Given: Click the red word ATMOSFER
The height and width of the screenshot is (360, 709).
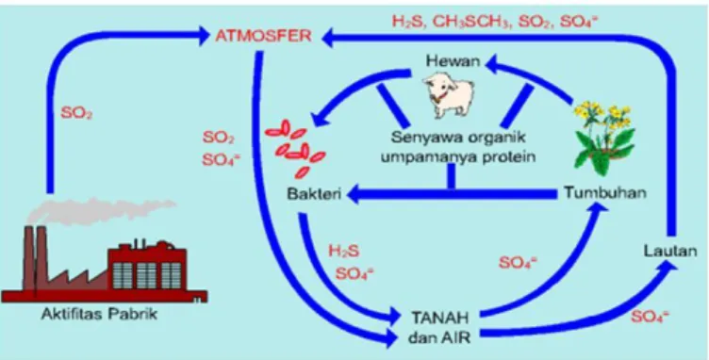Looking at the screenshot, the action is pos(263,36).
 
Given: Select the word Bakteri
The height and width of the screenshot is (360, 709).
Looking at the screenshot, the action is pos(313,195).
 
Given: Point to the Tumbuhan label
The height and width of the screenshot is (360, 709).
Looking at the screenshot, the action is pos(605,193).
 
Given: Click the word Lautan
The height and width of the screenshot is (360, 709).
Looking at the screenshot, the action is pos(670,251).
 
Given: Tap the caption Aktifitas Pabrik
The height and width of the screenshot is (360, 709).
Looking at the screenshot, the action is pos(99,314).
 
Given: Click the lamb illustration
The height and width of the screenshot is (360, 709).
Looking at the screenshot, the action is pos(448,96).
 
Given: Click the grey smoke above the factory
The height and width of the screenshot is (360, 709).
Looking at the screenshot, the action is pos(100,210).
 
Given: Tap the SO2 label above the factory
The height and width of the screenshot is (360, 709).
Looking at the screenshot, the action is pos(76,113).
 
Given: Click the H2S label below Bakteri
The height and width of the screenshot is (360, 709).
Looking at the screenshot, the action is pos(344,251).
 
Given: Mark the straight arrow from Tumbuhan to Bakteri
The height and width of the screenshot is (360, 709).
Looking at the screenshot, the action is pos(452,194).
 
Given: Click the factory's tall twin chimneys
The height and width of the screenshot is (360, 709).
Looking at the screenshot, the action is pos(35,257).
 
